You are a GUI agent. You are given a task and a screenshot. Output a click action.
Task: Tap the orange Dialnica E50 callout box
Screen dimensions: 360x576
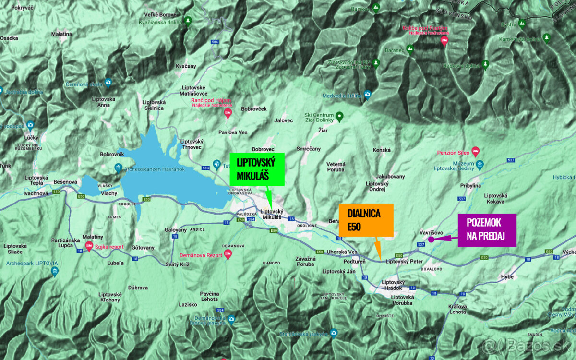pyautogui.click(x=366, y=220)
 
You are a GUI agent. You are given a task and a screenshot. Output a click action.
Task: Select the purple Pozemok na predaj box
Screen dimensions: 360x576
pyautogui.click(x=487, y=230)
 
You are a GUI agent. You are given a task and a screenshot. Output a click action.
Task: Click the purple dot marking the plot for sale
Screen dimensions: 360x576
pyautogui.click(x=431, y=239)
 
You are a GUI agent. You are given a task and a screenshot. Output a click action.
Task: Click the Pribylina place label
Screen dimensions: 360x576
pyautogui.click(x=470, y=185)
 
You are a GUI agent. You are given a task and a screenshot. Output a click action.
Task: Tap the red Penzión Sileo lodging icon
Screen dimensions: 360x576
pyautogui.click(x=475, y=151)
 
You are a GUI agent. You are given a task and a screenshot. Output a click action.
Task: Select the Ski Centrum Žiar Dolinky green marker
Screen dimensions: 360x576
pyautogui.click(x=339, y=115)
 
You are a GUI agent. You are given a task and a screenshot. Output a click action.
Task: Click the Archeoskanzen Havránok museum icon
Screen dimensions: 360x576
pyautogui.click(x=118, y=168)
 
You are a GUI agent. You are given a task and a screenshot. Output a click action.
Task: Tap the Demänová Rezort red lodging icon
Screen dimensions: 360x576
pyautogui.click(x=228, y=255)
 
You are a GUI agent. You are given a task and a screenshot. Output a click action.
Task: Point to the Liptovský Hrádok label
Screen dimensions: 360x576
pyautogui.click(x=394, y=285)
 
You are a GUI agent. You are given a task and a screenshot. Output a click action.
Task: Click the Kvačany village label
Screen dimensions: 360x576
pyautogui.click(x=186, y=66)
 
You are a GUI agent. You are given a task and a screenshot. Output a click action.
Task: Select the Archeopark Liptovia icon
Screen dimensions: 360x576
pyautogui.click(x=54, y=271)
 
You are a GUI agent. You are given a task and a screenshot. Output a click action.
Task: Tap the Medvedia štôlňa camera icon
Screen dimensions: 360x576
pyautogui.click(x=367, y=95)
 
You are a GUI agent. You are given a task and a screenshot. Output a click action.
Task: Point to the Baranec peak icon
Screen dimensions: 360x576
pyautogui.click(x=410, y=48)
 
